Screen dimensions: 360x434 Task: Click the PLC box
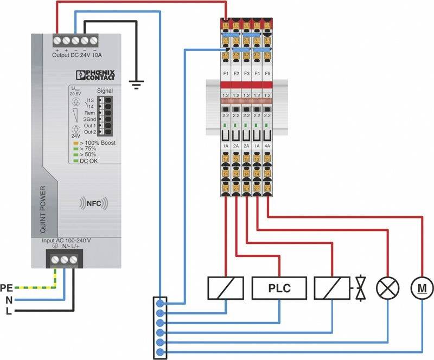point(279,288)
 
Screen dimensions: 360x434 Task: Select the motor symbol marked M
point(419,287)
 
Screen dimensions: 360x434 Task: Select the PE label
point(7,287)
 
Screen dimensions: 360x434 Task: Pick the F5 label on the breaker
point(267,72)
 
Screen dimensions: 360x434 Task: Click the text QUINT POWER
point(43,208)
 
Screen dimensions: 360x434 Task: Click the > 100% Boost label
point(98,143)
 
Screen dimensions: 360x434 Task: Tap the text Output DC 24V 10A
point(76,54)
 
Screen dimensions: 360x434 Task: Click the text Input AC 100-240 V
point(66,240)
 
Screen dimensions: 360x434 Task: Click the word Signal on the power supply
point(104,91)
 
